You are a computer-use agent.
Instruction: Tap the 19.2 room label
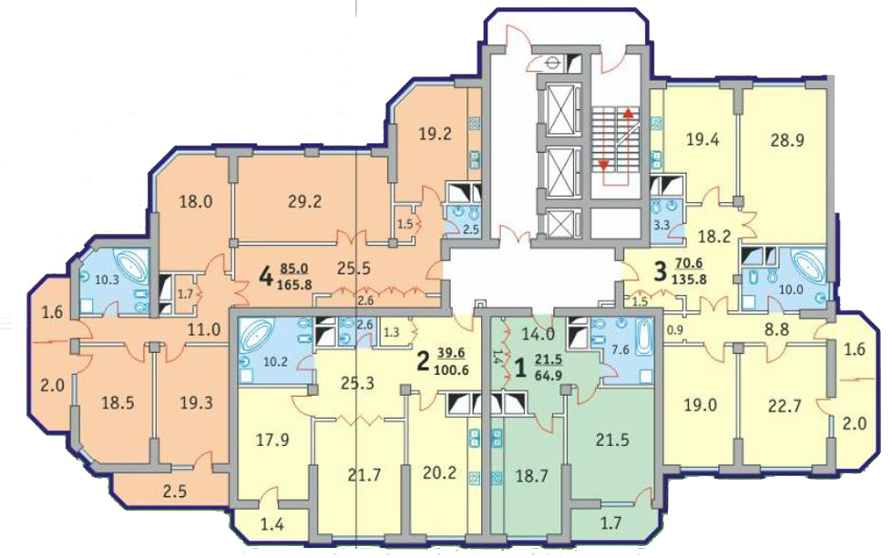pos(436,135)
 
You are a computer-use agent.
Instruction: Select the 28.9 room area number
pos(787,140)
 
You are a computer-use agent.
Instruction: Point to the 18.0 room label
pos(196,201)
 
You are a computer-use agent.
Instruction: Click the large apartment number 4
pos(265,279)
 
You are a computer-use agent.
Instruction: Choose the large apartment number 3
pos(660,271)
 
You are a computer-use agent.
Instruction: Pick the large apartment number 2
pos(422,361)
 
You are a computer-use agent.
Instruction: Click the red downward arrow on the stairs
pos(603,166)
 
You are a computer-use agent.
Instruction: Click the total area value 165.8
pos(294,285)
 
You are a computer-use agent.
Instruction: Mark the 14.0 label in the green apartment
pos(538,334)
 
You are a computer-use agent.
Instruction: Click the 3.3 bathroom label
pos(661,225)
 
